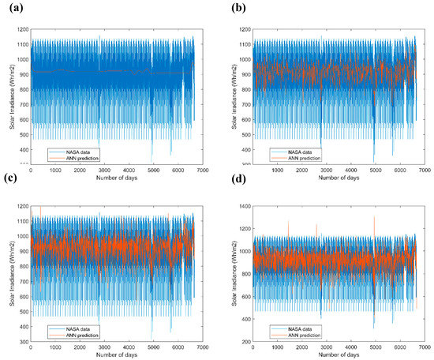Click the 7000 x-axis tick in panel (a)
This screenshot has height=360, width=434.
204,170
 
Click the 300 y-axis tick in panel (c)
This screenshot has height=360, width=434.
21,341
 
